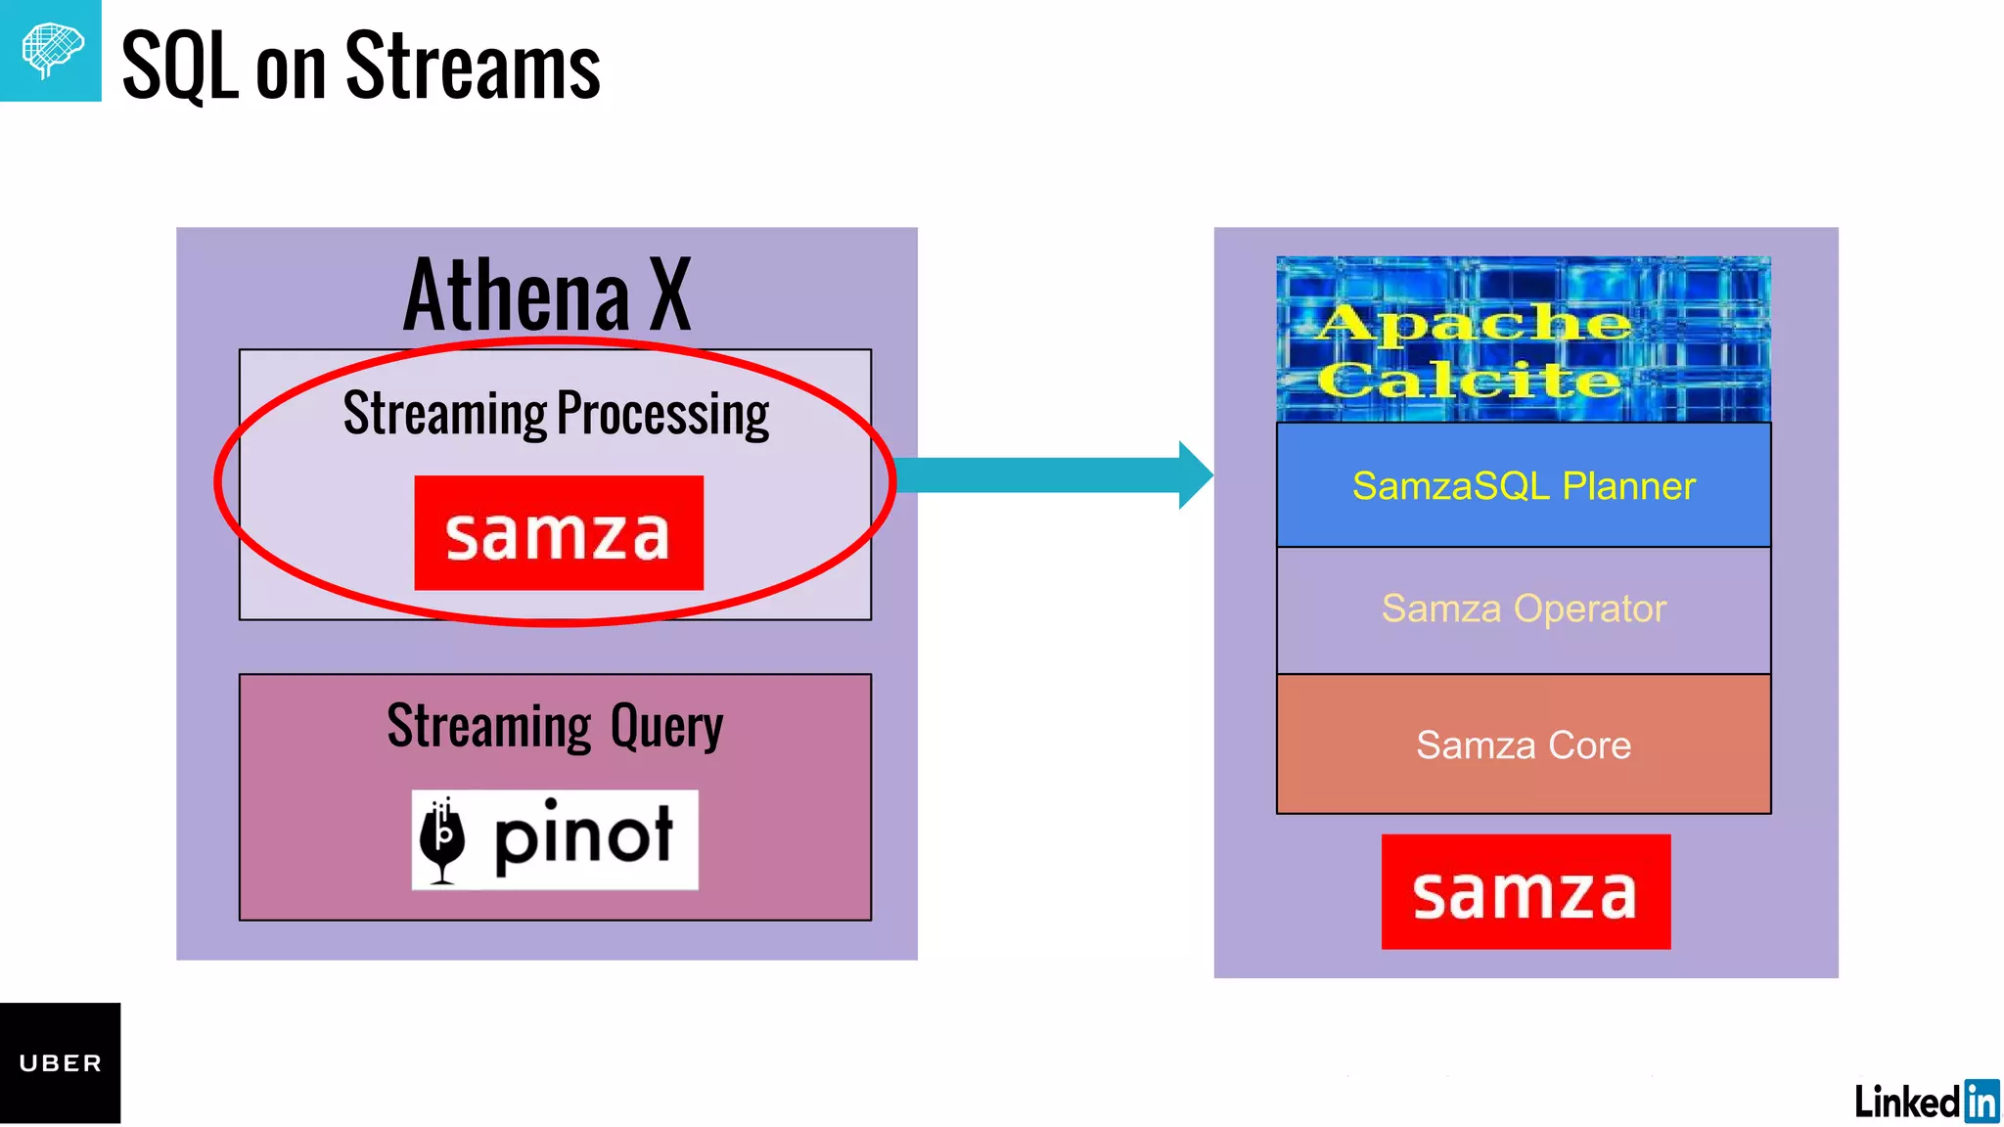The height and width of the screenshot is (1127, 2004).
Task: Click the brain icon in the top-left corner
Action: coord(51,50)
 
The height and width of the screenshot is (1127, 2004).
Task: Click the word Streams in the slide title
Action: coord(473,67)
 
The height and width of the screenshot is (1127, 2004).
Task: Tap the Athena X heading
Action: coord(547,294)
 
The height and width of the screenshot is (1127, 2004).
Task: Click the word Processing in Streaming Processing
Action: coord(662,414)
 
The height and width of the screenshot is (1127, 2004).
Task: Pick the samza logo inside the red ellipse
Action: coord(558,533)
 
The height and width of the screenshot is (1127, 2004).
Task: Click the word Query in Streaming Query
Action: coord(666,728)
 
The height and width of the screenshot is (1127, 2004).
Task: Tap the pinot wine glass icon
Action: coord(443,839)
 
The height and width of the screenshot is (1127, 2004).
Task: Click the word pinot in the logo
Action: coord(583,837)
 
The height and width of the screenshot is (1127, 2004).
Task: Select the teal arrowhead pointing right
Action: coord(1195,475)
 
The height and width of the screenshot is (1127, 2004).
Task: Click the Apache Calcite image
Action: coord(1523,339)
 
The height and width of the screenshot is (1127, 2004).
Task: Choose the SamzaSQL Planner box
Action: coord(1523,485)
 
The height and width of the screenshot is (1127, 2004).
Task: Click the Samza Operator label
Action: coord(1523,609)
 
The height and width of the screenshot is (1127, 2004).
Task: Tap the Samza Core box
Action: coord(1523,744)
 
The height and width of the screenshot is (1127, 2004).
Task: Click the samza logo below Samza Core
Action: coord(1525,891)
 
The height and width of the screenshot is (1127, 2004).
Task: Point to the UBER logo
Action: coord(60,1063)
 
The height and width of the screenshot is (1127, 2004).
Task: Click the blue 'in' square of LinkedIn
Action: coord(1981,1101)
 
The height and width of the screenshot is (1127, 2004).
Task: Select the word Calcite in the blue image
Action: coord(1468,381)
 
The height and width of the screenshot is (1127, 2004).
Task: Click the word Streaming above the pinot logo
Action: coord(488,728)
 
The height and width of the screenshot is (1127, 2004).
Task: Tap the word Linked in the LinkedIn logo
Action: coord(1906,1102)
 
